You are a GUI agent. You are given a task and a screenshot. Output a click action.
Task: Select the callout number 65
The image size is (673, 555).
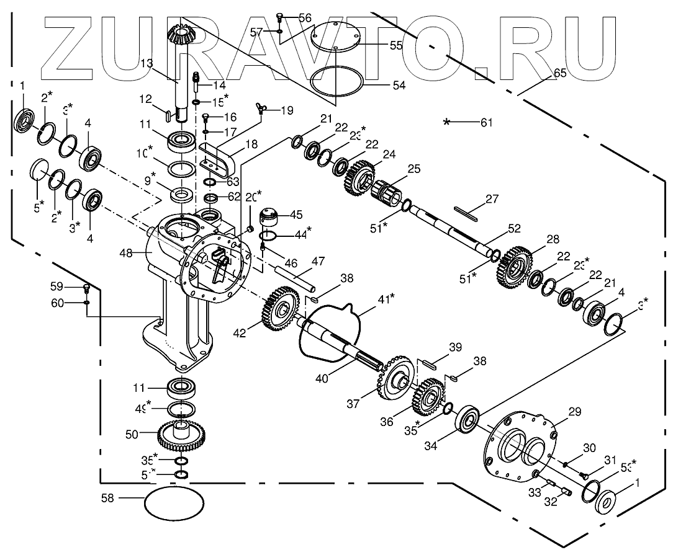tap(559, 73)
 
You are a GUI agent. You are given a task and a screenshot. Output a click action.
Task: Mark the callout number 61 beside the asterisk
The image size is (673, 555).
tap(486, 122)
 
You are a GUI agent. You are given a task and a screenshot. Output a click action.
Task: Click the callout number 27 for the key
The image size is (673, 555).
tap(492, 200)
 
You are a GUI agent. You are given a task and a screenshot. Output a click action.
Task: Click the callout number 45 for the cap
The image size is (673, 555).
tap(296, 215)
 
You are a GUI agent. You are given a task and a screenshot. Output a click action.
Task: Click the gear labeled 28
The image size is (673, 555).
tap(514, 269)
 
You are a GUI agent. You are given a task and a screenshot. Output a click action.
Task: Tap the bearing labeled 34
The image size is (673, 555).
tap(471, 420)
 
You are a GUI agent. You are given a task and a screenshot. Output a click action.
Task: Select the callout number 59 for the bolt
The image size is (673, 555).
tap(57, 286)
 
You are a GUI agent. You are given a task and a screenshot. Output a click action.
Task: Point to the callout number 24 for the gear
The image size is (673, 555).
tap(388, 156)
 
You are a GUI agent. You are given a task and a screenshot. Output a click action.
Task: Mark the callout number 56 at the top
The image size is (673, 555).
tap(304, 18)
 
